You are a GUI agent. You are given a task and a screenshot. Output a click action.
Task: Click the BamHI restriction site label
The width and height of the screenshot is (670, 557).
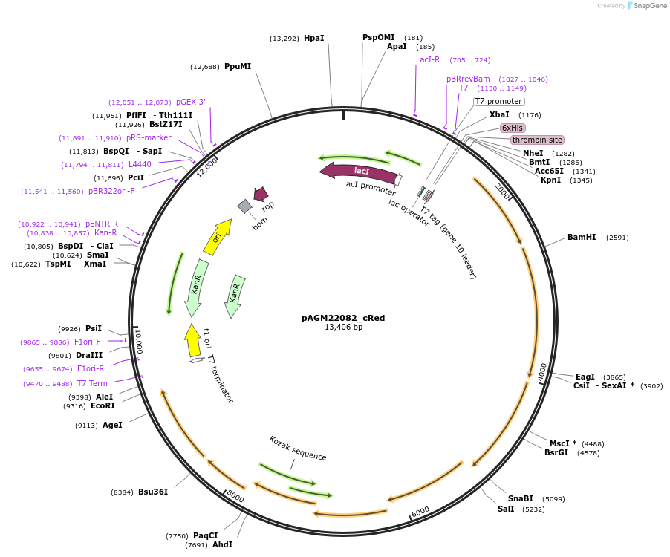click(x=582, y=238)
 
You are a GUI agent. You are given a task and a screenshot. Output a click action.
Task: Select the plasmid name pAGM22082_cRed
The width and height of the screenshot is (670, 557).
click(x=343, y=318)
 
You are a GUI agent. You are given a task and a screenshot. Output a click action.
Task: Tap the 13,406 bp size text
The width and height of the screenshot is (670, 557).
click(x=343, y=328)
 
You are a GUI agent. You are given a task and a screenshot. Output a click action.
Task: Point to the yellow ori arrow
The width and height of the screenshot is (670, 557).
click(x=216, y=237)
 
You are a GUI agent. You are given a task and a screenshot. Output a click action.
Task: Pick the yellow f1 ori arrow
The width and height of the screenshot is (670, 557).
click(x=193, y=340)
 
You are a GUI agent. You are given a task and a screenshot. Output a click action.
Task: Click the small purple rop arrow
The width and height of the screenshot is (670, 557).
click(x=261, y=195)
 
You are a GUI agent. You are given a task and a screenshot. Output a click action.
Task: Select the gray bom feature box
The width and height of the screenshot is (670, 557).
click(x=244, y=206)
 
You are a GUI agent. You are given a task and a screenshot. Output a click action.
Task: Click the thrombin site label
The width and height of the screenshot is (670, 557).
click(x=537, y=140)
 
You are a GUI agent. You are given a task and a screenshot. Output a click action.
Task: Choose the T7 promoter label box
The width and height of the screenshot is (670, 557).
click(x=498, y=101)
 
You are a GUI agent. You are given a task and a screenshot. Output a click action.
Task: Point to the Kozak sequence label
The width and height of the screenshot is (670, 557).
click(x=297, y=448)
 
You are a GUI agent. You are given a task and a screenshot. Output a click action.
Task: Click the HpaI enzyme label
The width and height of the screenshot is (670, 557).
click(x=313, y=38)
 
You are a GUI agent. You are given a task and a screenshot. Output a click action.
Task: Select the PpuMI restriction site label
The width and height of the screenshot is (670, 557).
click(x=238, y=66)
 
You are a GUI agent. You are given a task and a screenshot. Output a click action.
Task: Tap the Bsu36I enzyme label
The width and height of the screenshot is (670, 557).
click(x=153, y=492)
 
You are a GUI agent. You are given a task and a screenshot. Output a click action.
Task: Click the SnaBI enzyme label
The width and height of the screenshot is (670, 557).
click(x=520, y=498)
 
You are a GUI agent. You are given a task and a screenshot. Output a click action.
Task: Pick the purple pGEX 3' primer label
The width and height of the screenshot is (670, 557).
click(x=190, y=102)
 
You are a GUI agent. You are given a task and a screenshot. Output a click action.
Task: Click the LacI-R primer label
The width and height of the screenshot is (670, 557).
click(x=428, y=59)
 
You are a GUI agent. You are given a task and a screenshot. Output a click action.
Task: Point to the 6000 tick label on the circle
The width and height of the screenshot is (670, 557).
click(x=420, y=511)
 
